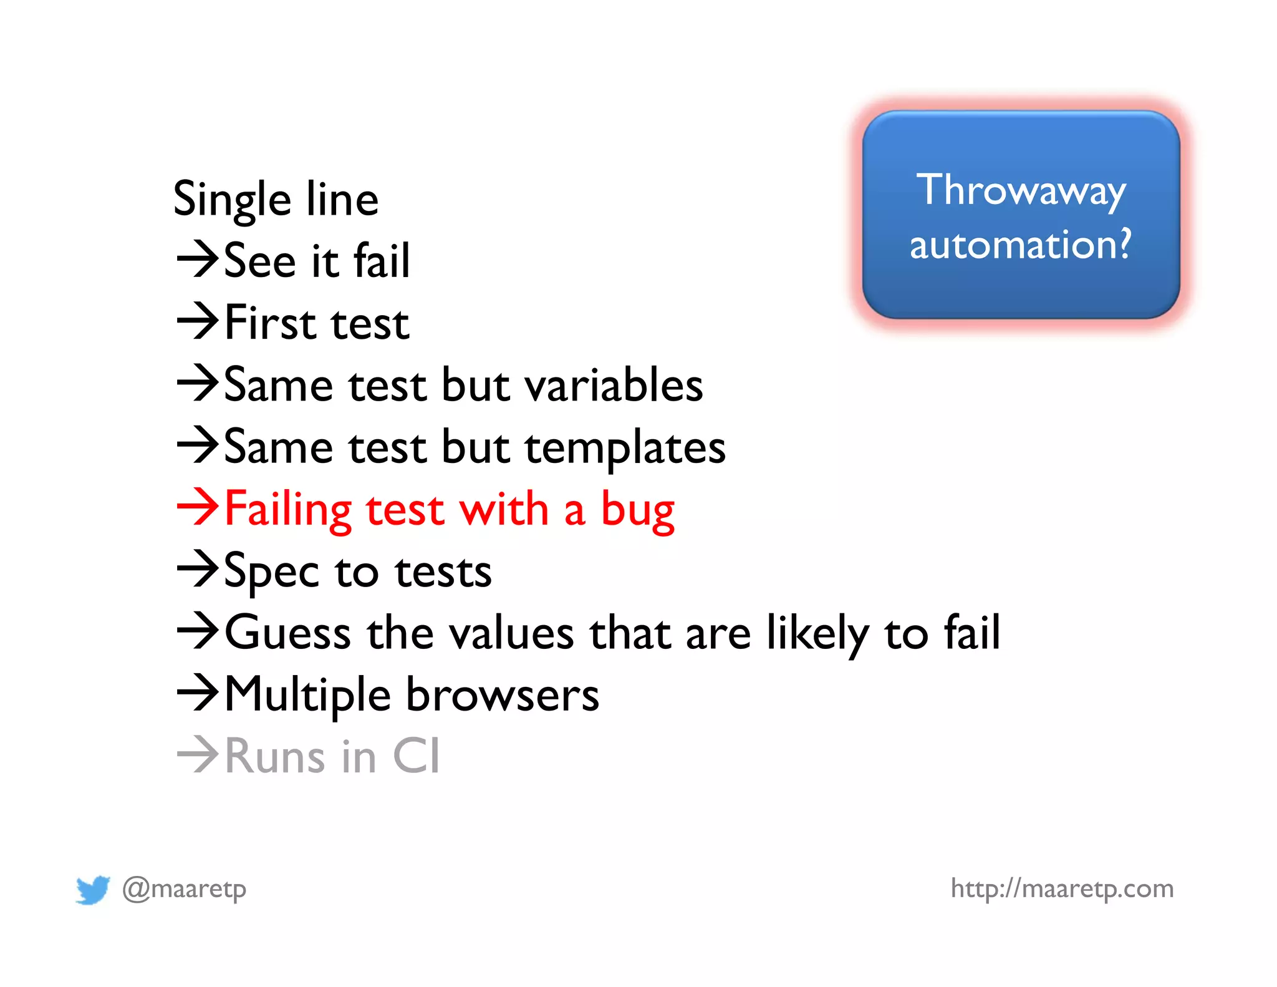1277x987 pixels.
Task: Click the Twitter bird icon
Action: click(x=93, y=889)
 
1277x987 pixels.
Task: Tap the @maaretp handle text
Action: click(x=185, y=888)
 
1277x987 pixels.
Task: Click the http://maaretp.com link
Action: click(x=1062, y=888)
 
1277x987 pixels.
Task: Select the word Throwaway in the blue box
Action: click(x=1021, y=190)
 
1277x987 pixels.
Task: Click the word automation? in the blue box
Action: click(x=1020, y=244)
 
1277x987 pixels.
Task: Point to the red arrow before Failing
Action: click(x=198, y=507)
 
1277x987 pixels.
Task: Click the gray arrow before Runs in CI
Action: click(x=198, y=754)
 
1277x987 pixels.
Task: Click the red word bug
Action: click(x=637, y=510)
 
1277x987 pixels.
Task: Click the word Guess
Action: click(x=288, y=633)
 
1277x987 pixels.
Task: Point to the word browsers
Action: click(x=503, y=694)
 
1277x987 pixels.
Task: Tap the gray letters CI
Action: click(x=417, y=756)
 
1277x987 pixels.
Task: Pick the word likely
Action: click(x=817, y=633)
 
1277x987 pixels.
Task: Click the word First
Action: click(x=270, y=323)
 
